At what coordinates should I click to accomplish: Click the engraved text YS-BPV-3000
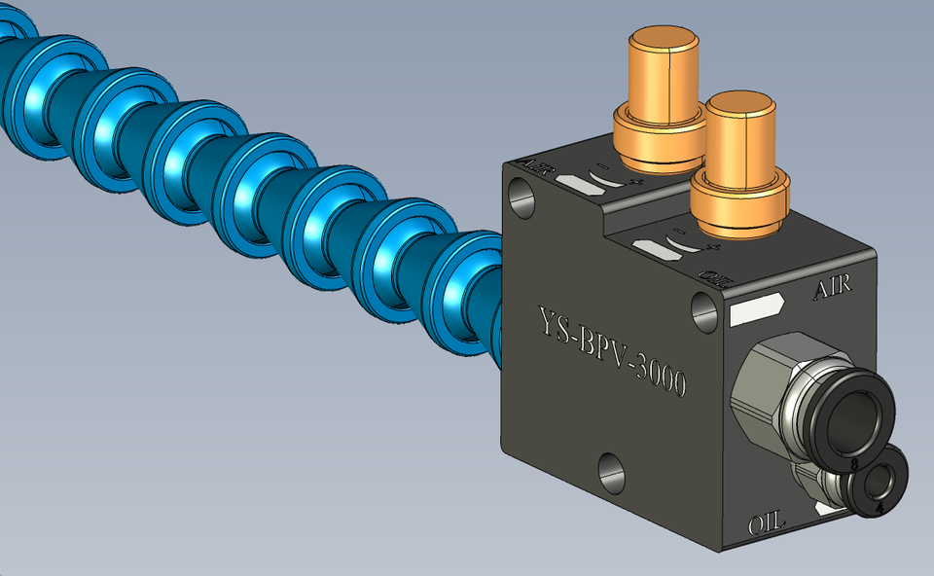613,351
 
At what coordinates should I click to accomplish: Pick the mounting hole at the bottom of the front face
610,475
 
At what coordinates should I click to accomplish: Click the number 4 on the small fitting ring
879,507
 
